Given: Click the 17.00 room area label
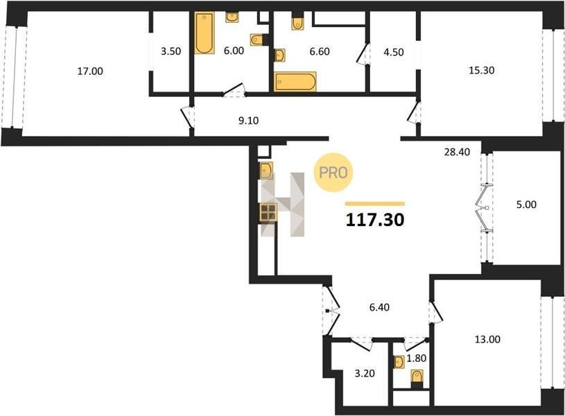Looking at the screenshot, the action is pyautogui.click(x=90, y=71).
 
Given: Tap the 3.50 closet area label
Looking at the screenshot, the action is pyautogui.click(x=171, y=51).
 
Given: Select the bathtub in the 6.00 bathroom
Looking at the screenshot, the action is pyautogui.click(x=205, y=33).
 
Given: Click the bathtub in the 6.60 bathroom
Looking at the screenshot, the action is pyautogui.click(x=295, y=82).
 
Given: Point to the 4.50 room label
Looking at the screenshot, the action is pyautogui.click(x=394, y=52).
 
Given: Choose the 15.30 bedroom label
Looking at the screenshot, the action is pyautogui.click(x=481, y=70).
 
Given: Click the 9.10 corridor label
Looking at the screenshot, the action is pyautogui.click(x=248, y=121).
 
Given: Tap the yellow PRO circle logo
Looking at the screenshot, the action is pyautogui.click(x=333, y=173).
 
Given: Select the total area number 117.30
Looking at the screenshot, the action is pyautogui.click(x=375, y=220).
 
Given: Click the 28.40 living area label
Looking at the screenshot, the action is pyautogui.click(x=457, y=152).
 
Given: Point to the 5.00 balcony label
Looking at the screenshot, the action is pyautogui.click(x=526, y=205).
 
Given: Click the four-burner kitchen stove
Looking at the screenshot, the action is pyautogui.click(x=268, y=212).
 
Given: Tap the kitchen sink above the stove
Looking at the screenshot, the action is pyautogui.click(x=266, y=171).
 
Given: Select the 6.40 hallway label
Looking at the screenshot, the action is pyautogui.click(x=379, y=307).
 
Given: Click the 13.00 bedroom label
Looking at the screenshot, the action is pyautogui.click(x=487, y=339).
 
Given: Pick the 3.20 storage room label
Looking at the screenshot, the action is pyautogui.click(x=365, y=373).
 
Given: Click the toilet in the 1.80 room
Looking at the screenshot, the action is pyautogui.click(x=417, y=379).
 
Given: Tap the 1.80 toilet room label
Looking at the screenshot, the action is pyautogui.click(x=417, y=358).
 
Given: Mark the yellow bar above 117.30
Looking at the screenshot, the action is pyautogui.click(x=375, y=204).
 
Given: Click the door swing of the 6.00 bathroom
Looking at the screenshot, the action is pyautogui.click(x=234, y=90).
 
